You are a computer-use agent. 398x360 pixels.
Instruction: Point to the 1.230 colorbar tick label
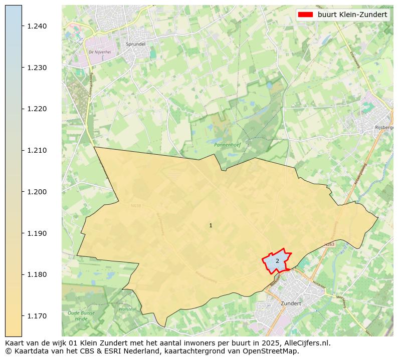point(37,68)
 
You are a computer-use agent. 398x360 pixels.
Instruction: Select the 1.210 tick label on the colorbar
point(37,150)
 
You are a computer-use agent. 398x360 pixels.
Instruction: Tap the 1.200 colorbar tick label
point(37,192)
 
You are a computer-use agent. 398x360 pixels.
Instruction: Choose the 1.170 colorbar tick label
point(37,316)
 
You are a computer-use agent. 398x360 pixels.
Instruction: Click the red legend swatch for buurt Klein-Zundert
point(305,15)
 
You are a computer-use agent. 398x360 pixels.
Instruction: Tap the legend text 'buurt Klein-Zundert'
point(352,15)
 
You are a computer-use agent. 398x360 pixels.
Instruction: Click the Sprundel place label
point(136,44)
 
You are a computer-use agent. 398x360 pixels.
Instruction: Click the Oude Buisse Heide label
point(77,315)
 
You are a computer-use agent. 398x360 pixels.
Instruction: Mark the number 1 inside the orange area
point(211,226)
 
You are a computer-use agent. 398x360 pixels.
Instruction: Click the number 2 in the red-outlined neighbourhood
point(277,261)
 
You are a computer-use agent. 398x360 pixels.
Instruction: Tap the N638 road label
point(136,206)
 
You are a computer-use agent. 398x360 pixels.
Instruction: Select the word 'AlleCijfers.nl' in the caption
point(307,343)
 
